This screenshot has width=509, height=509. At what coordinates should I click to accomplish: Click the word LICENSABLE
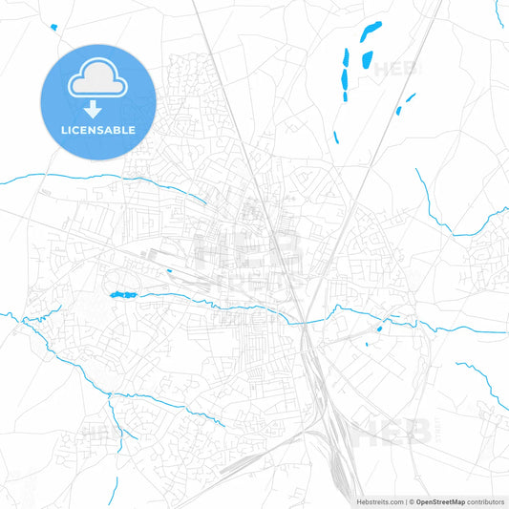click(x=96, y=130)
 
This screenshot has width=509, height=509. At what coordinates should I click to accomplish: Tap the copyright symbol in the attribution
click(x=411, y=500)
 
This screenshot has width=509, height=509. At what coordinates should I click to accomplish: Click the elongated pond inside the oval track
click(x=121, y=295)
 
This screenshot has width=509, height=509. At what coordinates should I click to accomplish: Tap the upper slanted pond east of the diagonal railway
click(x=411, y=96)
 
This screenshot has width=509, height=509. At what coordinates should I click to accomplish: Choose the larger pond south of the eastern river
click(x=379, y=330)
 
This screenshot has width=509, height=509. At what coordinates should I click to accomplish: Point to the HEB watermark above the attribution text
click(x=392, y=433)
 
